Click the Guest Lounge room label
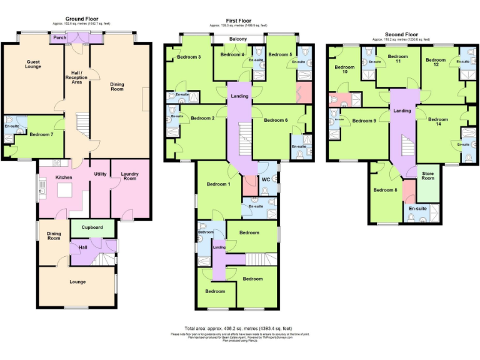(33, 64)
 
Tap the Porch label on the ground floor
(59, 37)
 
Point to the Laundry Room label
(130, 177)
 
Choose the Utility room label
(100, 173)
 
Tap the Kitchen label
(64, 177)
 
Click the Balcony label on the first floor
(238, 39)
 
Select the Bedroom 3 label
(189, 57)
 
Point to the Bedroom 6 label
(276, 120)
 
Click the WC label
(265, 179)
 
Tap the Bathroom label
(206, 232)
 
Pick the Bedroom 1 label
(219, 184)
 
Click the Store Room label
(428, 176)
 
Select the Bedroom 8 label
(384, 190)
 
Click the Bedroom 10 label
(344, 69)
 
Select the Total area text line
(239, 328)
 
